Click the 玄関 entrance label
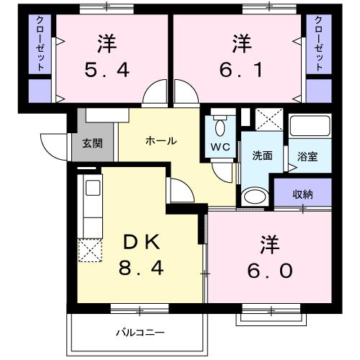(92, 143)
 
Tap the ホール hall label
(161, 141)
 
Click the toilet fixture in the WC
(220, 127)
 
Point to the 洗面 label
(261, 156)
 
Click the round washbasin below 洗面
(253, 196)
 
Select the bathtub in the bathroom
(310, 128)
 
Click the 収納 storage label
(302, 193)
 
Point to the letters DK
(142, 240)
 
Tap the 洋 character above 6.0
(264, 243)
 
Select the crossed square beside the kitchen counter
(91, 250)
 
